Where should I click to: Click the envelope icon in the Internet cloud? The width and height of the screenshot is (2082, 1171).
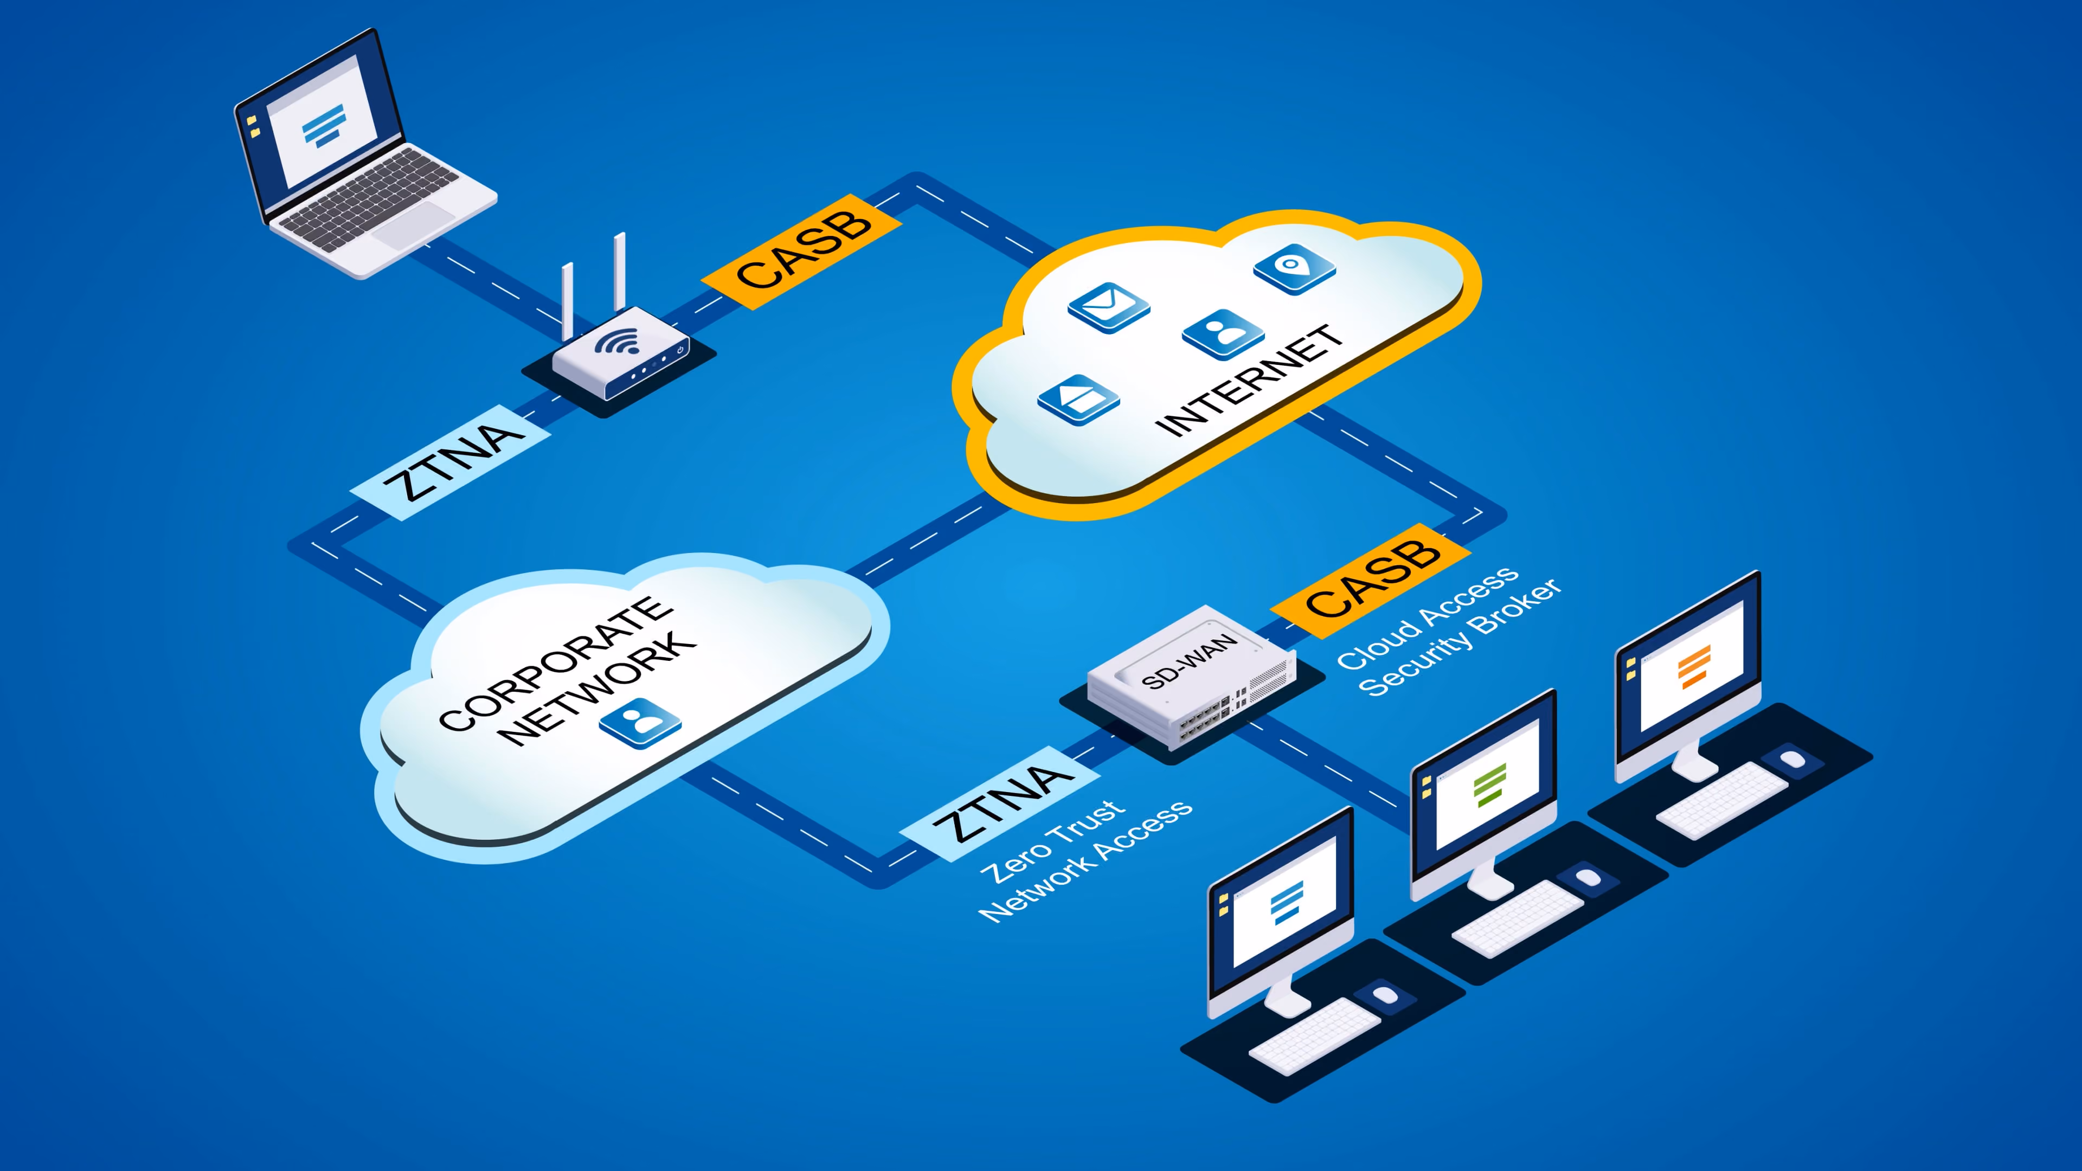point(1108,307)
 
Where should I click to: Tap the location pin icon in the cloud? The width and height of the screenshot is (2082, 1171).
point(1294,268)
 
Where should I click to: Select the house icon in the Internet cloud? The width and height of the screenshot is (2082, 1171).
point(1077,399)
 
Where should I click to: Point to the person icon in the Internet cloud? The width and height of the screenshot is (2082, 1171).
point(1223,334)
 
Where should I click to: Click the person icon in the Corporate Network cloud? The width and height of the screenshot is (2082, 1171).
point(640,723)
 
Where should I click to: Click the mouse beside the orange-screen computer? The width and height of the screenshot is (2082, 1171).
point(1792,759)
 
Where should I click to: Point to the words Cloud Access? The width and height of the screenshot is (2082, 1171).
point(1428,616)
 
